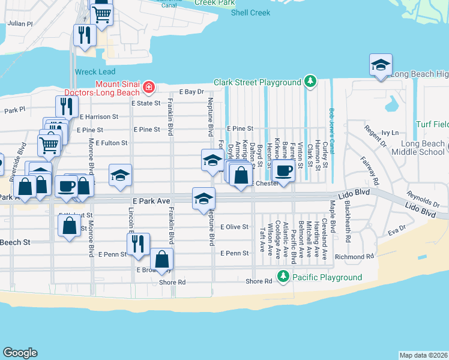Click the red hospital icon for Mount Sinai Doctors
148,89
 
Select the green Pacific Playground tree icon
283,277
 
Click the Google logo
20,353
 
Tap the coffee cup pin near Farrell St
283,171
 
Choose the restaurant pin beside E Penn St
138,244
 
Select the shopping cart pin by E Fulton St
49,144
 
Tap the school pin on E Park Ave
203,199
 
